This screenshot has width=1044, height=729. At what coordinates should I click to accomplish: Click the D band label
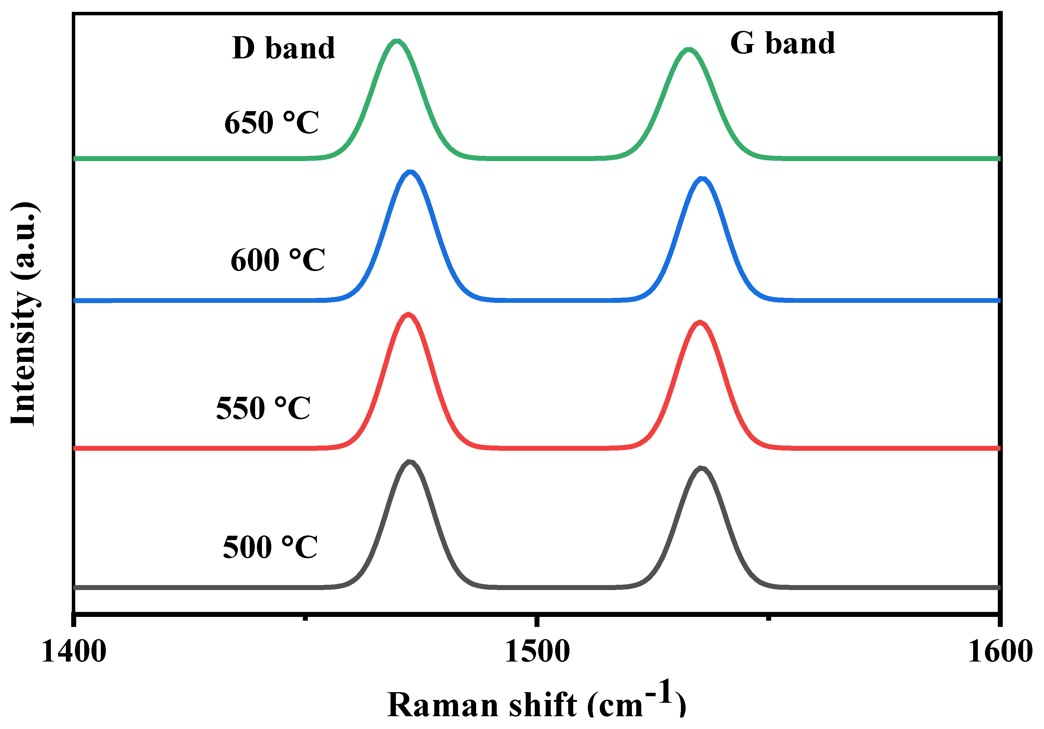[x=283, y=48]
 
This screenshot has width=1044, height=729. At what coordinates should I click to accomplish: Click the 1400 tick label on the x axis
[x=74, y=651]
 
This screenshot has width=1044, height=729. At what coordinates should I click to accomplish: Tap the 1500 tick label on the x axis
[x=537, y=651]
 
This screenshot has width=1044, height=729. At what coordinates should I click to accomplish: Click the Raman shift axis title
[x=537, y=703]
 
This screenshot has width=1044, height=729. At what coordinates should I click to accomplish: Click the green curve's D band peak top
[x=397, y=42]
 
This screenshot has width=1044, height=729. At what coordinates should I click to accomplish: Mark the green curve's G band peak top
[x=689, y=50]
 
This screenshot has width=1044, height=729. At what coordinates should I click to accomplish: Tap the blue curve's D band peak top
[x=411, y=172]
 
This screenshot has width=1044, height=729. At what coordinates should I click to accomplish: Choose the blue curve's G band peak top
[x=702, y=179]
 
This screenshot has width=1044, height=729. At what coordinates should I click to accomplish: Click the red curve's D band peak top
[x=408, y=315]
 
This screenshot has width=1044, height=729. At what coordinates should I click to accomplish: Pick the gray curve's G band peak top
[x=701, y=468]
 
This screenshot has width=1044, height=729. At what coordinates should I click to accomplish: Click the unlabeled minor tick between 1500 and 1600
[x=768, y=617]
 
